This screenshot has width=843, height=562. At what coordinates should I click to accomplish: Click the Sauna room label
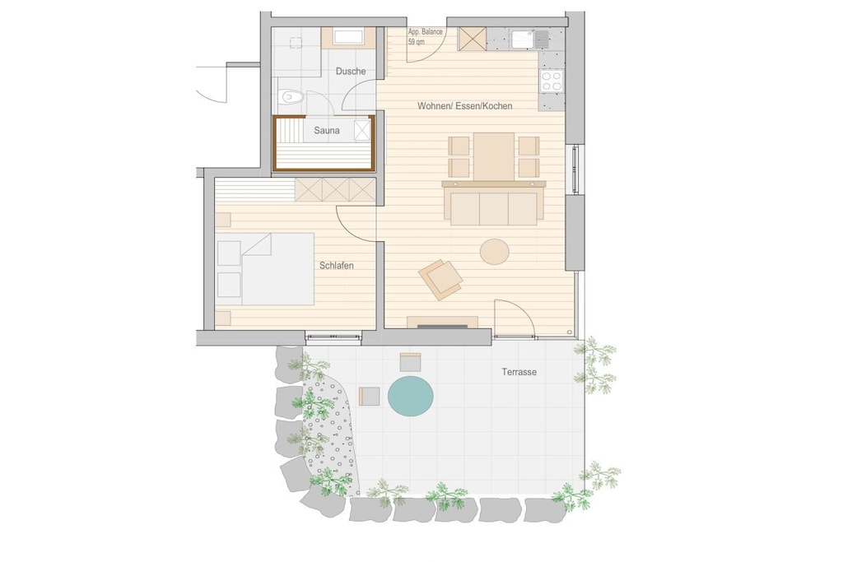pyautogui.click(x=327, y=131)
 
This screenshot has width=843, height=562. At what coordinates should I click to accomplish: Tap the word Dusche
pyautogui.click(x=351, y=71)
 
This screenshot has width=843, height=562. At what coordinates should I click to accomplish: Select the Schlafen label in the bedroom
pyautogui.click(x=337, y=266)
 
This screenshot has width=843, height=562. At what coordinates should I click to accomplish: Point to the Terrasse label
pyautogui.click(x=519, y=372)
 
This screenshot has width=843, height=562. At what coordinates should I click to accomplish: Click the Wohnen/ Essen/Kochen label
pyautogui.click(x=465, y=106)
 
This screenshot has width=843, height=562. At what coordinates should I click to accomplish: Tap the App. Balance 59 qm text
pyautogui.click(x=425, y=36)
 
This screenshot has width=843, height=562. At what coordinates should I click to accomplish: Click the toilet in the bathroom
pyautogui.click(x=291, y=98)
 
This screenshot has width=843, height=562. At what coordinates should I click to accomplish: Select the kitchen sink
pyautogui.click(x=530, y=39)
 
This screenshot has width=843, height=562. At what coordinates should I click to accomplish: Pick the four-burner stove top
pyautogui.click(x=552, y=81)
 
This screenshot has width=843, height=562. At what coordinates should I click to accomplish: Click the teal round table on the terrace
pyautogui.click(x=411, y=396)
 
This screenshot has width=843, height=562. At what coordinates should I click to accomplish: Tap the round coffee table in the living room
pyautogui.click(x=495, y=252)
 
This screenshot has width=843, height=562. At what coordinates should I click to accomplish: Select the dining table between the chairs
pyautogui.click(x=494, y=156)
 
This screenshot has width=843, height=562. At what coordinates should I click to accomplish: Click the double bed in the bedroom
pyautogui.click(x=266, y=268)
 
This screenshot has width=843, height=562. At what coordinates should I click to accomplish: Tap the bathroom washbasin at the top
pyautogui.click(x=348, y=38)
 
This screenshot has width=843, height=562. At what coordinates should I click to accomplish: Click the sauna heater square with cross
pyautogui.click(x=362, y=131)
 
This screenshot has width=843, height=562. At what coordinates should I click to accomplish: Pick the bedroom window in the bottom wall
pyautogui.click(x=333, y=337)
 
